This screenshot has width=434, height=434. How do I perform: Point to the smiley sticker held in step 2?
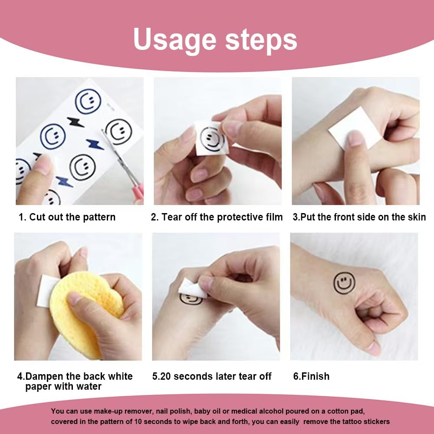tap(212, 138)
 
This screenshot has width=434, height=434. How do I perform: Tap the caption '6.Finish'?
tap(311, 376)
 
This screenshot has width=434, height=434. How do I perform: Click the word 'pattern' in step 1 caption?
tap(99, 217)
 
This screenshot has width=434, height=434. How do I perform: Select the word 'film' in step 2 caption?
tap(274, 217)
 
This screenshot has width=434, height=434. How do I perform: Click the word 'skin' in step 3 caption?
tap(417, 217)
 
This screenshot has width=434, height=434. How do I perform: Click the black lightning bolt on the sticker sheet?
tap(76, 122)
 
